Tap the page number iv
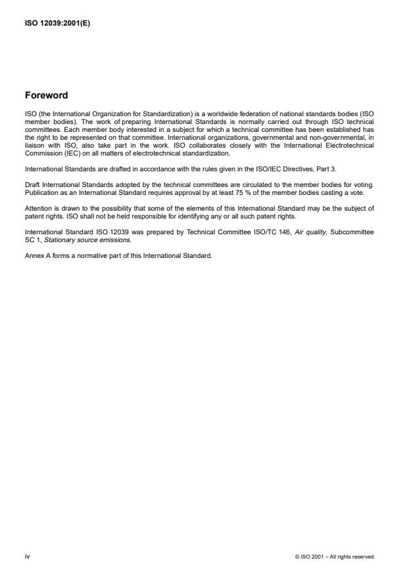[27, 556]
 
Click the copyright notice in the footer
[335, 557]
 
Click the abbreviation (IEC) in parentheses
[59, 154]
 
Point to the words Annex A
[37, 255]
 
